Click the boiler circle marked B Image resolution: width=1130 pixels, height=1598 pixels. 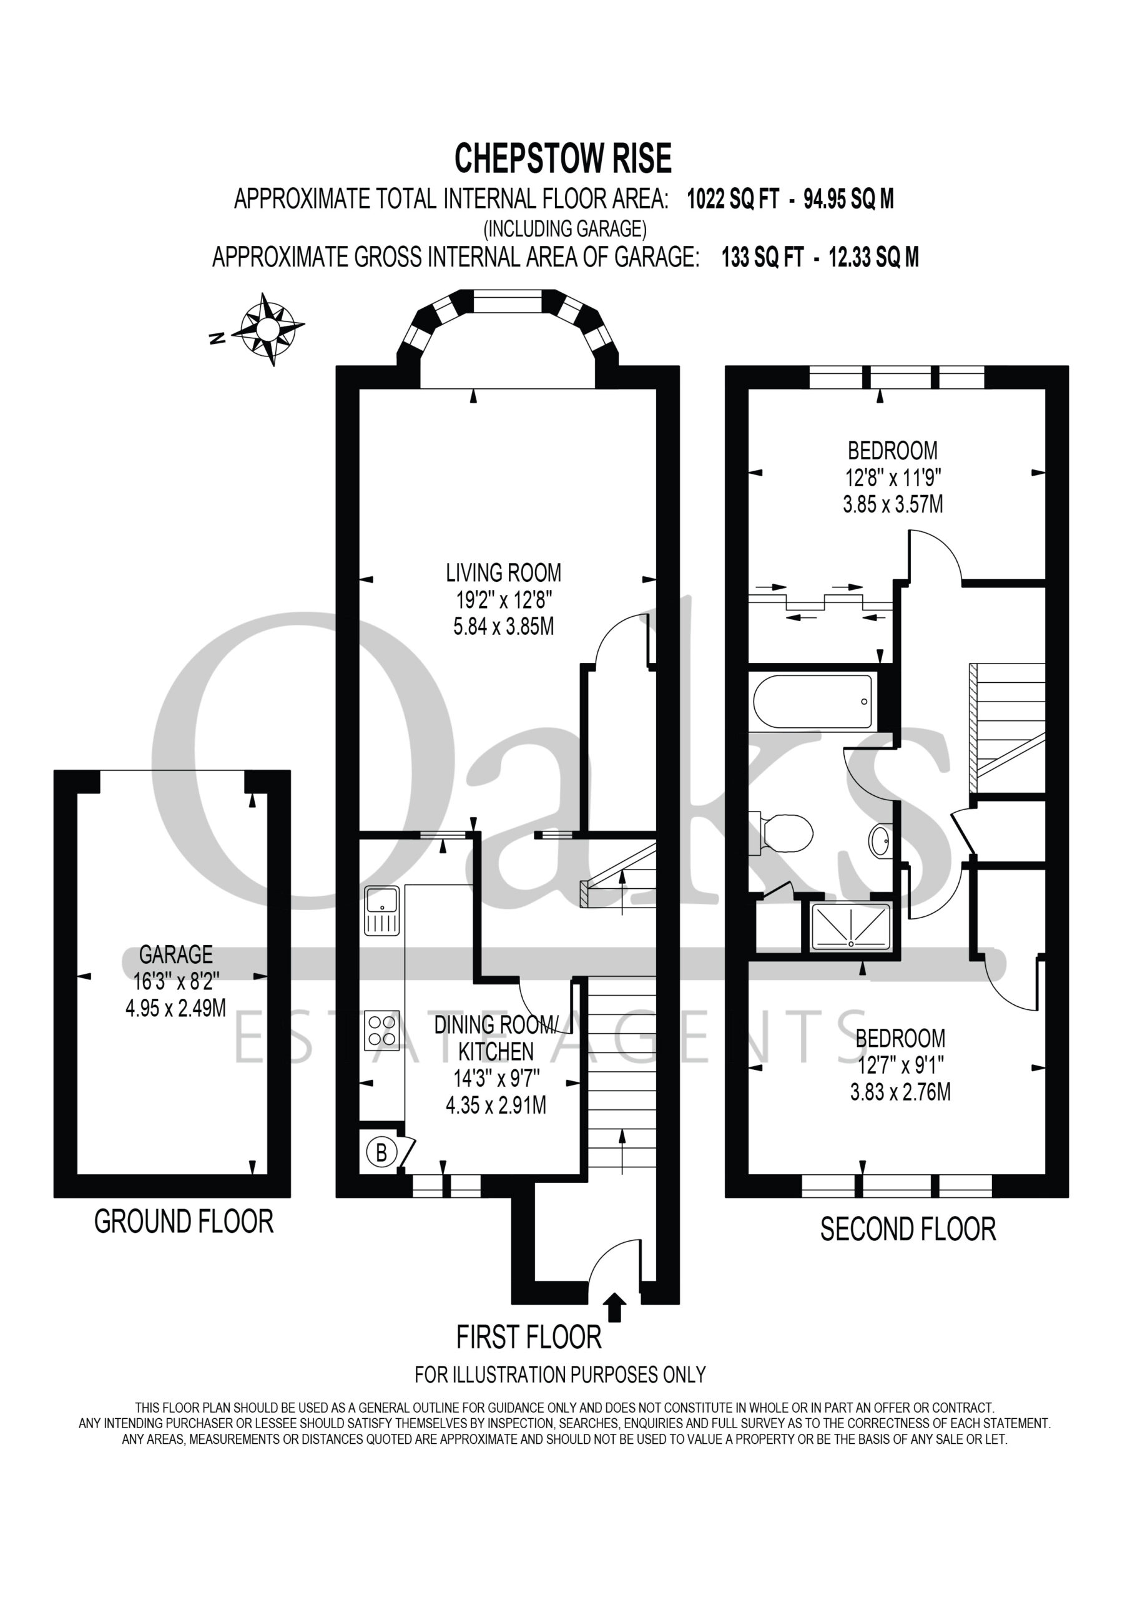381,1152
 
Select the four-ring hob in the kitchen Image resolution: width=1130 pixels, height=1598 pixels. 381,1030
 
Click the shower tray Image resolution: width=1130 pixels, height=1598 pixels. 851,926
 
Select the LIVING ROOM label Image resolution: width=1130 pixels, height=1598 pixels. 503,573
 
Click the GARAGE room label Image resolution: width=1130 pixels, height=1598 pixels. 175,954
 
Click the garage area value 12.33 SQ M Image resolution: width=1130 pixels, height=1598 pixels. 874,258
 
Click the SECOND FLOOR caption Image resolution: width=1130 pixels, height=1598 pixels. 908,1230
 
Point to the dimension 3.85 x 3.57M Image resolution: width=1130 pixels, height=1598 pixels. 893,504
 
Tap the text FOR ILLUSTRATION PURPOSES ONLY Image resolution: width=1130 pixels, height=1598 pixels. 561,1375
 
